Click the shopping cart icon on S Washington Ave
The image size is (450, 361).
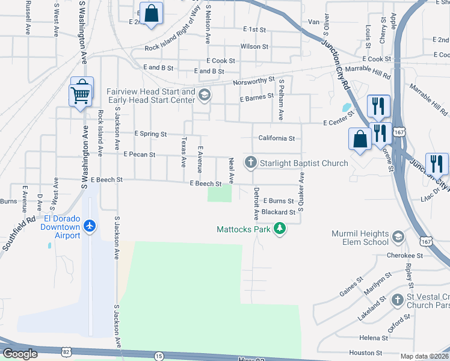[x=81, y=93]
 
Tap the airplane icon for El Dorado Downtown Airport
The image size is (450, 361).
[x=90, y=226]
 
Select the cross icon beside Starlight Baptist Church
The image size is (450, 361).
[x=250, y=162]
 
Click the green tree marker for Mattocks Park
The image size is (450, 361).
[x=279, y=229]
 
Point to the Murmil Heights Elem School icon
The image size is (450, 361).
[x=398, y=238]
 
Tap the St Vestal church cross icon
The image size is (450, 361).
[x=397, y=300]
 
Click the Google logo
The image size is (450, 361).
[x=20, y=354]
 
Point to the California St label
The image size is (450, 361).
[x=276, y=138]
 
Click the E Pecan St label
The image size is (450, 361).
[x=139, y=155]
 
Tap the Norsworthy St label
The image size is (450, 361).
[x=253, y=80]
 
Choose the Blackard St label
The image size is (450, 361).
[x=278, y=212]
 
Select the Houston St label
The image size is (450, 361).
[x=366, y=353]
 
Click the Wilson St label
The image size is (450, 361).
[x=254, y=46]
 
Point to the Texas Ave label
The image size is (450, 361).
[x=183, y=151]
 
